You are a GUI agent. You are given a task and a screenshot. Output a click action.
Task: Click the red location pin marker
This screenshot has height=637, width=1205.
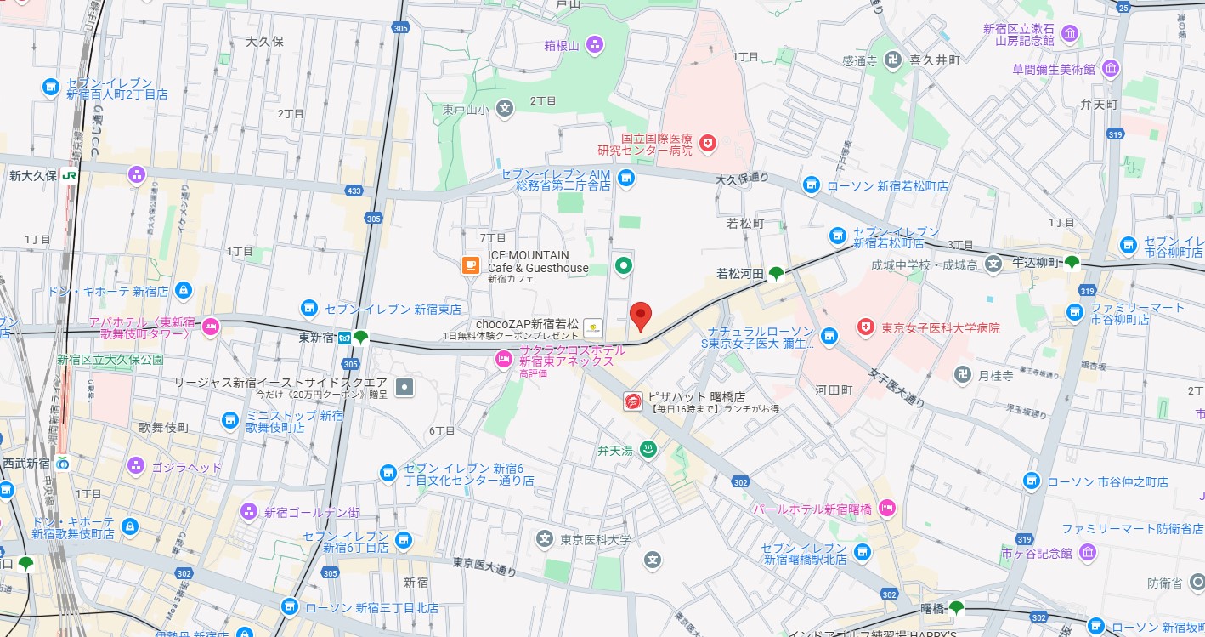(x=642, y=316)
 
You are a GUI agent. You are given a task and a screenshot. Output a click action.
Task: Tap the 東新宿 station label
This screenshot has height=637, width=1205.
(x=316, y=338)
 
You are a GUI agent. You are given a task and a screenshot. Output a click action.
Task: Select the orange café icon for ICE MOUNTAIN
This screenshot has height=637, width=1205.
(x=470, y=265)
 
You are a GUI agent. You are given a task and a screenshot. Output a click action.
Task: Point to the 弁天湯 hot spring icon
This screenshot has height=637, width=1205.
(x=648, y=450)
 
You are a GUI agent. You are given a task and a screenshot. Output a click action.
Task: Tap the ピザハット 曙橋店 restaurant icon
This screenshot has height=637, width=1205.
(x=632, y=402)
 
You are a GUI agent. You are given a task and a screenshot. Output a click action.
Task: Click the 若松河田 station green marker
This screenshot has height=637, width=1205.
(x=776, y=273)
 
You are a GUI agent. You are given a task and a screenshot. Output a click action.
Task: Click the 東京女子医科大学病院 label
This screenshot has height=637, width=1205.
(x=940, y=327)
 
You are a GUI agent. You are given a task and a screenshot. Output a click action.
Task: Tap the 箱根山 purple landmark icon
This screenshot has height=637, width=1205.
(x=595, y=44)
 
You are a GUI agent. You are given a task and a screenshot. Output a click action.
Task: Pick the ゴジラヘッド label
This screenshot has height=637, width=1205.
(x=186, y=467)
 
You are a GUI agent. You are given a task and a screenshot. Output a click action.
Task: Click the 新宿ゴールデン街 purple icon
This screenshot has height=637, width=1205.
(x=248, y=511)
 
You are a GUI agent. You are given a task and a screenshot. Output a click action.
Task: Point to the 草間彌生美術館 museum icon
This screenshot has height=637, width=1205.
(x=1110, y=68)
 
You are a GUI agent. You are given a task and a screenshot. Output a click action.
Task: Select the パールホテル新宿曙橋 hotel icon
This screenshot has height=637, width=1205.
(x=887, y=509)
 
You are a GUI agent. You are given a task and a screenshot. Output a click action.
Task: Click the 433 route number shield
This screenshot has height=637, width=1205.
(x=354, y=191)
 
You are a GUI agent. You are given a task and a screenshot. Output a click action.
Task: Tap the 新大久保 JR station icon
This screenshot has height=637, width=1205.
(x=71, y=174)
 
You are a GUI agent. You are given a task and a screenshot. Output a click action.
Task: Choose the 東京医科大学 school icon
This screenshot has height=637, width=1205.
(x=544, y=537)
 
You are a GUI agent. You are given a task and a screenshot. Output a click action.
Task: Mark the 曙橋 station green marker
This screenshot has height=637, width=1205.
(x=957, y=607)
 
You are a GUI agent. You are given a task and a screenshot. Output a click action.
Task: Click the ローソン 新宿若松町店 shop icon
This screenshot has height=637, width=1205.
(x=812, y=185)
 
